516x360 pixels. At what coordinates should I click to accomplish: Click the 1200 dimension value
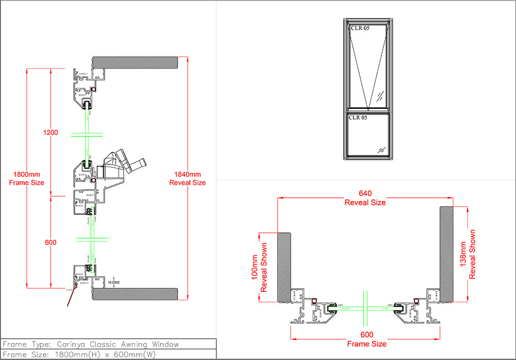coord(51,133)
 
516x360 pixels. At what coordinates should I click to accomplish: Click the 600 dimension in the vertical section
coord(51,242)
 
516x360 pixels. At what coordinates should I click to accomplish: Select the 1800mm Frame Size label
coord(27,178)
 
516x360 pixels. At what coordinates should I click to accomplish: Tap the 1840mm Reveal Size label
coord(188,178)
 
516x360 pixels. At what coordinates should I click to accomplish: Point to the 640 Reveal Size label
coord(365,198)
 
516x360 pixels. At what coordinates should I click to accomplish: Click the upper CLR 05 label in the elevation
coord(359,28)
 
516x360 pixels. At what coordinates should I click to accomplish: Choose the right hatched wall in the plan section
coord(446,254)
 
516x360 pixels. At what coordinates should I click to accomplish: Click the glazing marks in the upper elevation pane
coord(380,96)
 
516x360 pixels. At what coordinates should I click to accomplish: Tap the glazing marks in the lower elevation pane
coord(380,149)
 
